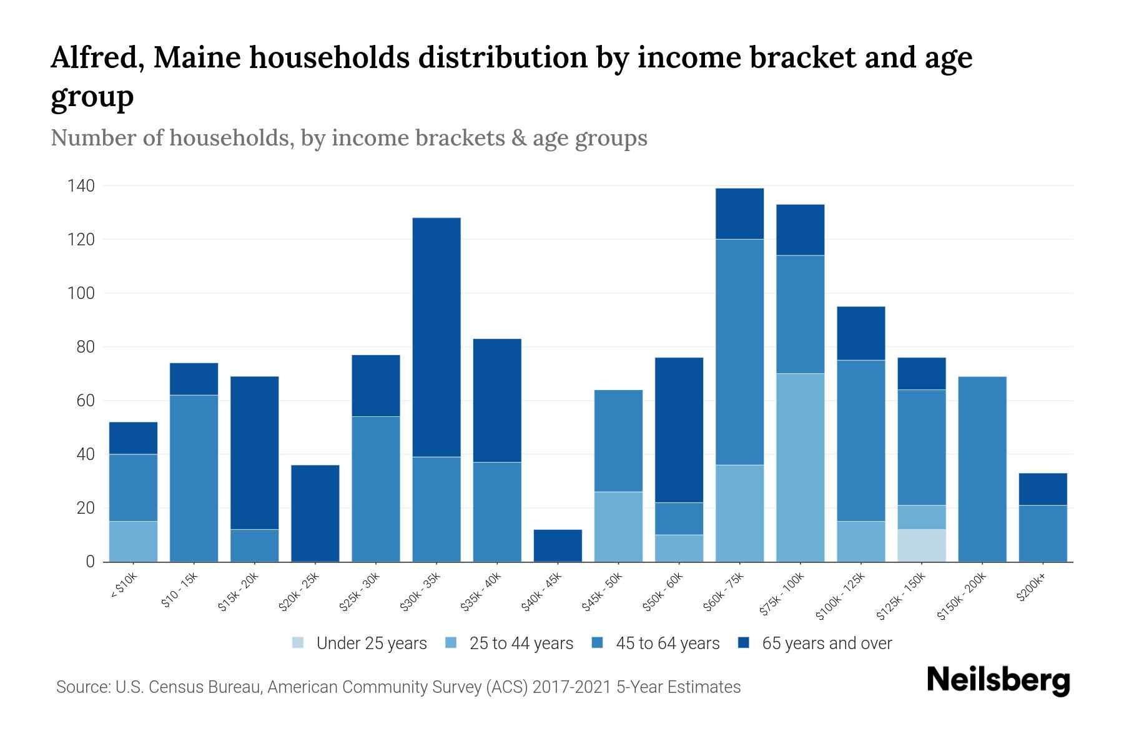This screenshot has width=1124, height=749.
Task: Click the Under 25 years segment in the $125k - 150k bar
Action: [922, 546]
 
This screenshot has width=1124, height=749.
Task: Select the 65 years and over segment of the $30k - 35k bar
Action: [436, 337]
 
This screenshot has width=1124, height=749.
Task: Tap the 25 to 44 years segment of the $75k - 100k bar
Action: [800, 468]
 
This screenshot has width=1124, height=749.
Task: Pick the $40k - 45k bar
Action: [558, 546]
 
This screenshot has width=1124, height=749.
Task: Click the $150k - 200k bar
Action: [982, 469]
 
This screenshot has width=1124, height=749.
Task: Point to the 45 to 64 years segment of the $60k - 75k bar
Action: [739, 351]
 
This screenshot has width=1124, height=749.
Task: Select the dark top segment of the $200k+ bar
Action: [1043, 489]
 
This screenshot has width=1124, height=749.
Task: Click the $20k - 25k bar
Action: [315, 513]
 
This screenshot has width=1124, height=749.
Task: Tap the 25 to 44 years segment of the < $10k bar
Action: [133, 541]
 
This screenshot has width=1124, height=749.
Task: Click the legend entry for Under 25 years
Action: [360, 644]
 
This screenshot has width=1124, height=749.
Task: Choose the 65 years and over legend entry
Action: [815, 644]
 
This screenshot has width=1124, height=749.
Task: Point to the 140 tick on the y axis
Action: [81, 186]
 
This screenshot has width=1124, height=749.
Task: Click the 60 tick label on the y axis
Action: [85, 401]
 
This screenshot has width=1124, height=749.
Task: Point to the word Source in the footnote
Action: [82, 687]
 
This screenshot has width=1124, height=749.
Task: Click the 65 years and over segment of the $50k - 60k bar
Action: [679, 430]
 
